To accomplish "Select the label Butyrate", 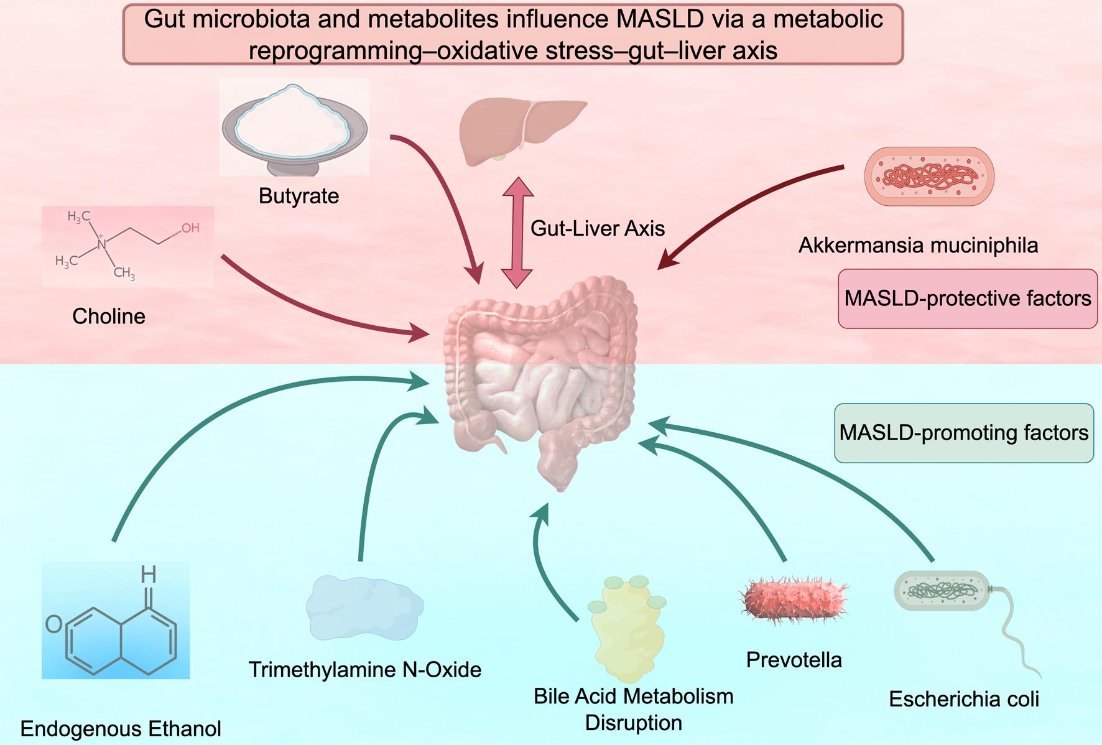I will [x=299, y=196].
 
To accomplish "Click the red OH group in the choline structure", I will [x=190, y=228].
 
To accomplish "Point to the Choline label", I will [x=109, y=316].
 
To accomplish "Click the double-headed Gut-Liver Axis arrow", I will [x=517, y=232].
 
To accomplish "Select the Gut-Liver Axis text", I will [x=597, y=228].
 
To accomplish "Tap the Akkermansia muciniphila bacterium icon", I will [x=929, y=176].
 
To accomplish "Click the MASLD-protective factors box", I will [x=967, y=298].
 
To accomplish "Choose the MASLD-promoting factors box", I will [x=963, y=433].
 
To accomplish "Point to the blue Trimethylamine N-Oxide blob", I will [x=364, y=607].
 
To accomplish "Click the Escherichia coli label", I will [x=963, y=699].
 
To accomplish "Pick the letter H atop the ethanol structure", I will [x=148, y=573].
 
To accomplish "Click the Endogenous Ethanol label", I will [x=121, y=728].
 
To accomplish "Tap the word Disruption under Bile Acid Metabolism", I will [x=633, y=723].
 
